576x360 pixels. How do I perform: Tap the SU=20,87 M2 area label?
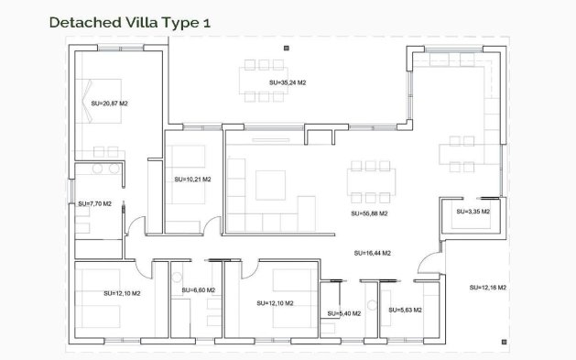(109, 104)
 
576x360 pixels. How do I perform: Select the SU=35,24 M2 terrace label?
(288, 82)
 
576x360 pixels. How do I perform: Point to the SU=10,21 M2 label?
(192, 179)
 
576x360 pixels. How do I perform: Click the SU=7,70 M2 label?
(94, 203)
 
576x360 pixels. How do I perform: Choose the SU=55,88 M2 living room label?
(369, 213)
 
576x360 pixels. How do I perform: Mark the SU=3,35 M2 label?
(473, 212)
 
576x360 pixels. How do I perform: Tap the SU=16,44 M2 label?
(373, 252)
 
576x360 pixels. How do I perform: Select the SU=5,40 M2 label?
(343, 314)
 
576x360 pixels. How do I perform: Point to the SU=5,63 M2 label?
(404, 311)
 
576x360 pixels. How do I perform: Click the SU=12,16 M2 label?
(487, 288)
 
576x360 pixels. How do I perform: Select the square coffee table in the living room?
(271, 185)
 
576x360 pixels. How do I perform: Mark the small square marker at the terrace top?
(286, 46)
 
